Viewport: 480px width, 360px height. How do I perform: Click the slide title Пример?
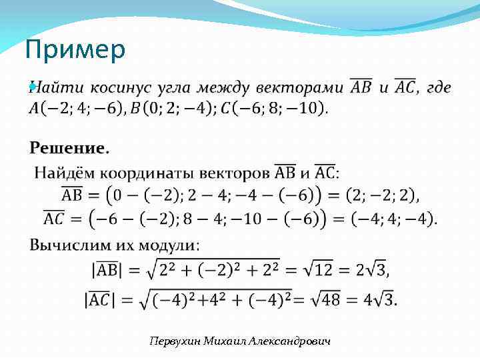[x=74, y=51]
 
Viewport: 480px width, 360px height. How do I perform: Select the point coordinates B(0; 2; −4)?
[x=170, y=107]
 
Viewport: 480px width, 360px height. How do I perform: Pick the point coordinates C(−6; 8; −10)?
[x=273, y=107]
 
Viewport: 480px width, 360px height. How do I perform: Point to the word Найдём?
[x=61, y=173]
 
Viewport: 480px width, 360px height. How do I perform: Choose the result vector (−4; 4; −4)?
[x=395, y=218]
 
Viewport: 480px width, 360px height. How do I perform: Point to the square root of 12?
[x=314, y=270]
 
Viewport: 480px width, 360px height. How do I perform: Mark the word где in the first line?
[x=438, y=88]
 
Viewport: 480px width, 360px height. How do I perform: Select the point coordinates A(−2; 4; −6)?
[x=73, y=107]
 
